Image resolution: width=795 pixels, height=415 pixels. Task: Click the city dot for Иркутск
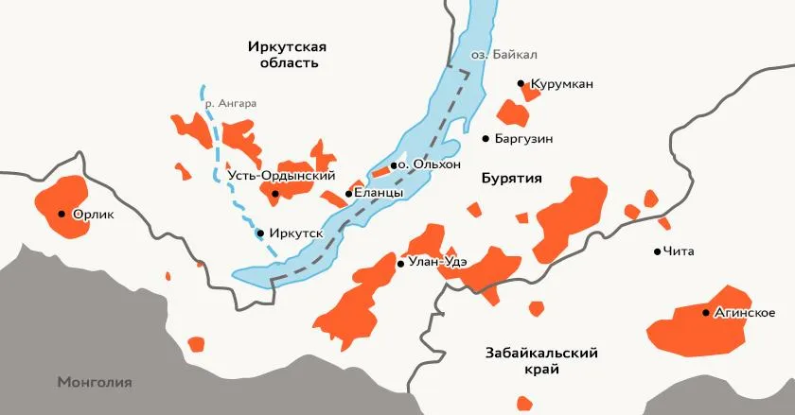click(x=261, y=233)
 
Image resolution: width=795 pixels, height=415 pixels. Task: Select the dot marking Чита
click(x=658, y=251)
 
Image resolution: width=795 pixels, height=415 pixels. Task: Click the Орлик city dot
click(x=62, y=214)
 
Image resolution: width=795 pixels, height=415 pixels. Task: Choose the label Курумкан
click(x=562, y=84)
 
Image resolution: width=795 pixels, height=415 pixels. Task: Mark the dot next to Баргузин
click(x=486, y=139)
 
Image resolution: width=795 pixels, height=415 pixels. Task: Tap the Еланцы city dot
click(x=349, y=194)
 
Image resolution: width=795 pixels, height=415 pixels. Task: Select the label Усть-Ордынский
click(x=282, y=176)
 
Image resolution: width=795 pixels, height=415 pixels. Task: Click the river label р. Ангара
click(x=231, y=103)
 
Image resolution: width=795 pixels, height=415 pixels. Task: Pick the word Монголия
click(x=94, y=383)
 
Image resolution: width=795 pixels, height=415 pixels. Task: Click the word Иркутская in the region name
click(x=287, y=45)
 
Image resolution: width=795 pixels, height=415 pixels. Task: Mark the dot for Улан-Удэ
click(x=401, y=264)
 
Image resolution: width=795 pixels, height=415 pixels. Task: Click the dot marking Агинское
click(x=706, y=312)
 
